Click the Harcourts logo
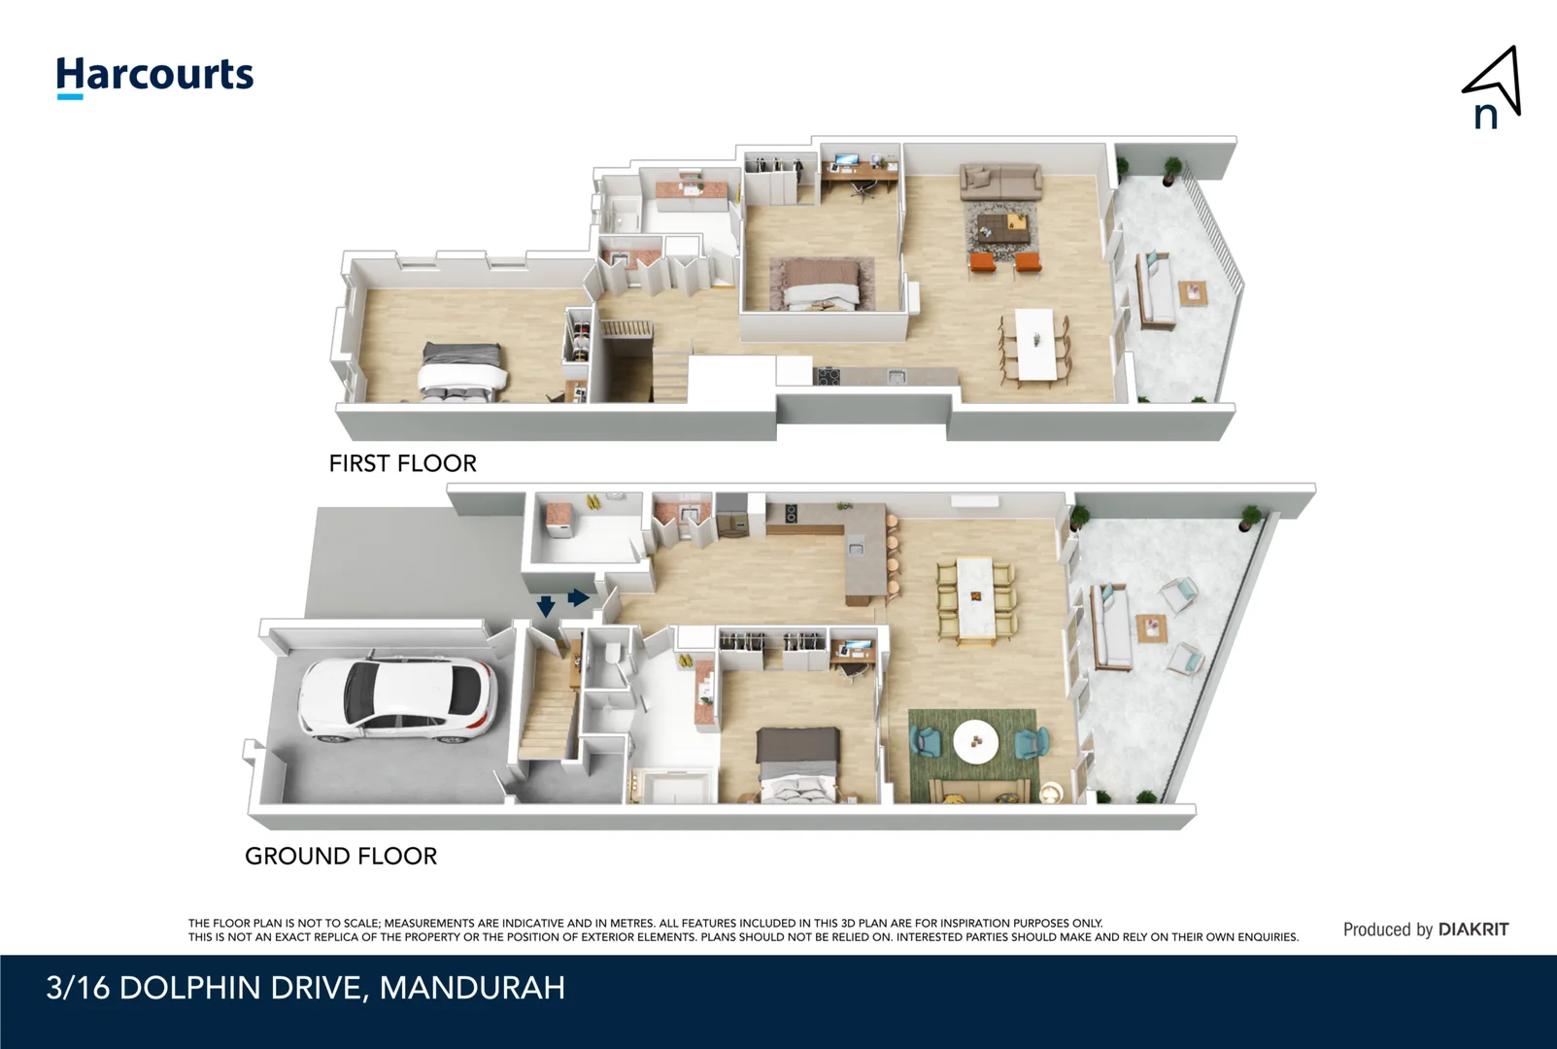click(154, 76)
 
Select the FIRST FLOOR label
click(402, 463)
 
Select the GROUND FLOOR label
click(341, 856)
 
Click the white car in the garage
click(397, 700)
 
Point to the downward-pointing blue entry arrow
click(546, 607)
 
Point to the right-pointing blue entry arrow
click(578, 597)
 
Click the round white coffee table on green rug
click(976, 742)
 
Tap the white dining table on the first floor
click(1034, 345)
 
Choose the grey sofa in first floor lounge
click(1000, 181)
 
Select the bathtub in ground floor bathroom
click(672, 786)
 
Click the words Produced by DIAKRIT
click(1425, 930)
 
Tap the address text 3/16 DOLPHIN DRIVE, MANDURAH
click(305, 988)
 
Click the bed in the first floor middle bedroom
click(822, 284)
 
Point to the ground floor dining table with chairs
click(975, 600)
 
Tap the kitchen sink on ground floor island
click(855, 549)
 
